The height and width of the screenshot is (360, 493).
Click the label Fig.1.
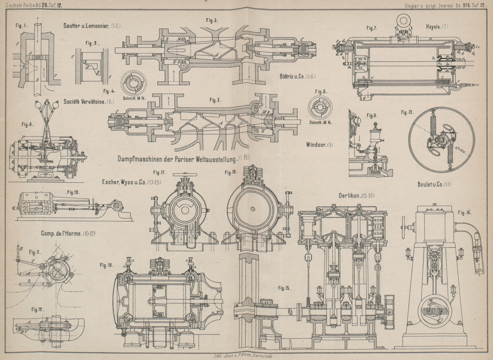tap(22, 26)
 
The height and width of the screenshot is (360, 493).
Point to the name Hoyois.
tap(434, 27)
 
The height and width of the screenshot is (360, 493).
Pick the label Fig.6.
tap(321, 91)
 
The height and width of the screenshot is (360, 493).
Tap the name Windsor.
tap(316, 145)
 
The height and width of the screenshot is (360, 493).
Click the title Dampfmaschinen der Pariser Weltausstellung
tap(177, 159)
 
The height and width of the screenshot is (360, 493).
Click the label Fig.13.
tap(408, 112)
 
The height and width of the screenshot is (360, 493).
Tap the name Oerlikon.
tap(352, 195)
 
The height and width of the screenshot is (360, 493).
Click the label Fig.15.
tap(284, 288)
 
